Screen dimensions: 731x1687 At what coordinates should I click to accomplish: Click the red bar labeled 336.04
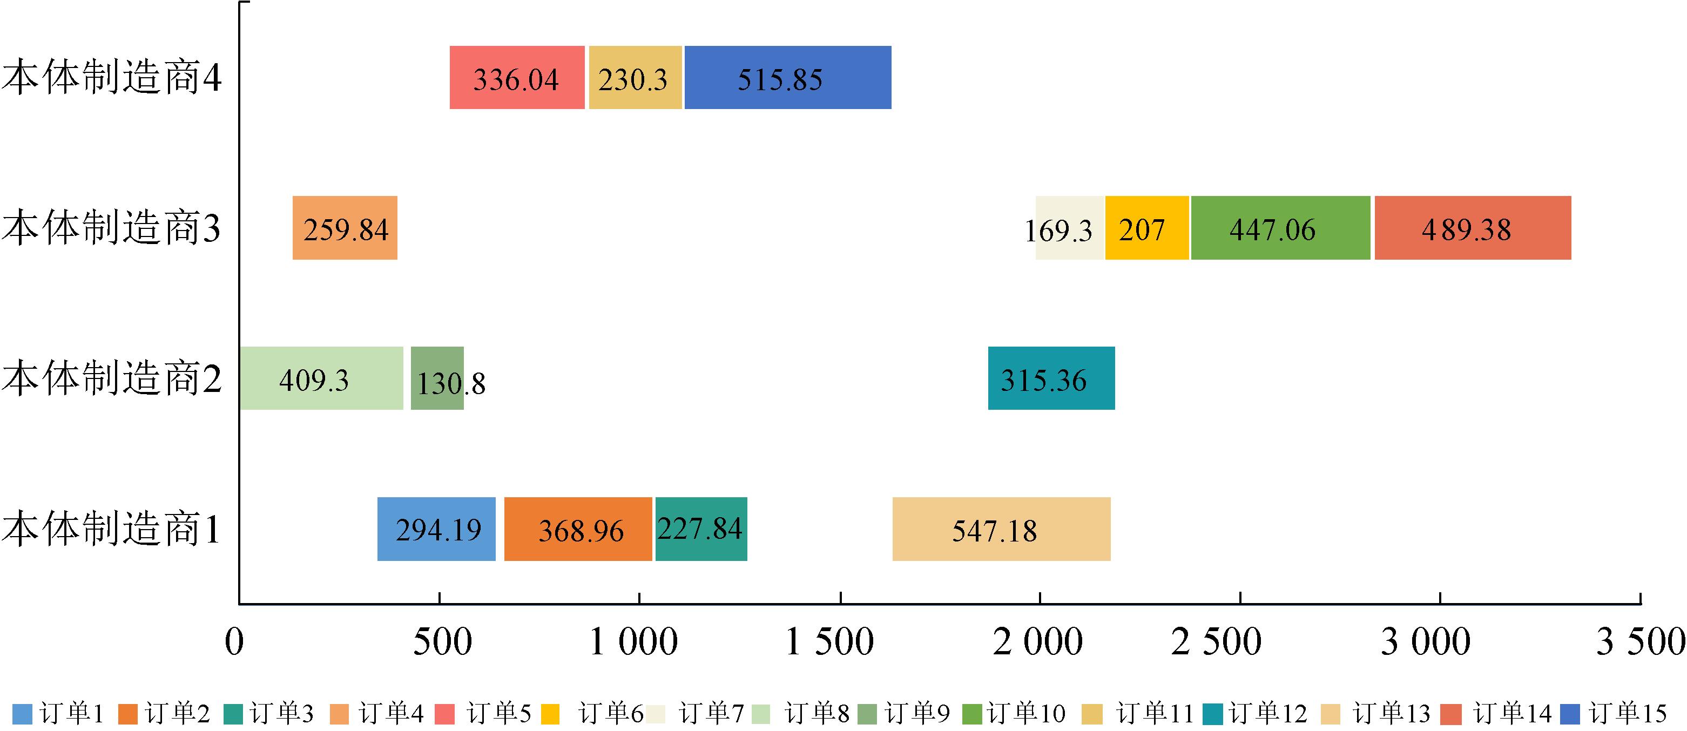point(517,78)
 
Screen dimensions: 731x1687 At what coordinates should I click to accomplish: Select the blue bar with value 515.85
point(787,78)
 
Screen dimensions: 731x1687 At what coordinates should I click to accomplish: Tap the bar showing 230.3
point(635,78)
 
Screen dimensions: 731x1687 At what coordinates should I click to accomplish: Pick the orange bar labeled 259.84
point(345,228)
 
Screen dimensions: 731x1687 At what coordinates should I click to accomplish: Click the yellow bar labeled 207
point(1146,228)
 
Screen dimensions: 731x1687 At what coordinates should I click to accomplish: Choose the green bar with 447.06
point(1280,228)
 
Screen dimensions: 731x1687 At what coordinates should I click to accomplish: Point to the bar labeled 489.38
point(1472,228)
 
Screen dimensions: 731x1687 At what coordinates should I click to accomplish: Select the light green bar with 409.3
point(321,378)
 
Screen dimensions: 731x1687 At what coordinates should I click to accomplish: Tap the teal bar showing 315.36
point(1050,378)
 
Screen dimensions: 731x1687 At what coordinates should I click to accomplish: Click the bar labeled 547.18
point(1001,529)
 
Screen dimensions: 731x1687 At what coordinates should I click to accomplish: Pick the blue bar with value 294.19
point(436,529)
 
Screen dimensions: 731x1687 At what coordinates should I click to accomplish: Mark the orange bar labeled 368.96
point(578,529)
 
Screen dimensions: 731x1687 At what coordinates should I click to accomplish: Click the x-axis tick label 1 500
point(829,642)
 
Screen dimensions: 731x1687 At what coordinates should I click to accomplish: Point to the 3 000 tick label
point(1425,642)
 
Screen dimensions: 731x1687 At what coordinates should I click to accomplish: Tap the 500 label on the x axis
point(442,642)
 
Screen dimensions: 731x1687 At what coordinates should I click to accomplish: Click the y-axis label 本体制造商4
point(111,78)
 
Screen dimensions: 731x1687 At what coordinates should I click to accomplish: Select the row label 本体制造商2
point(111,378)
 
